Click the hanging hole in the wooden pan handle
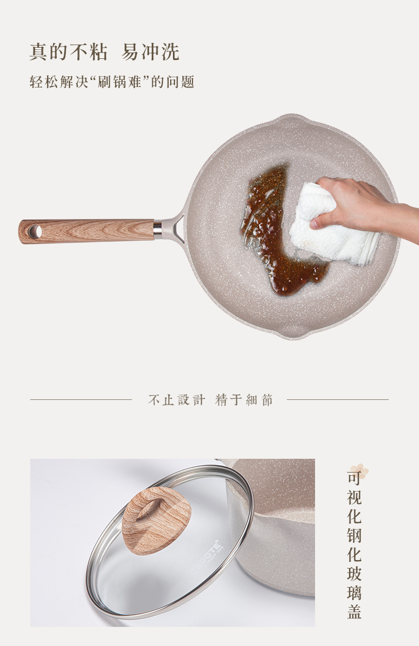[35, 231]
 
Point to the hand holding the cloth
[363, 206]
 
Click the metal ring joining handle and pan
[158, 229]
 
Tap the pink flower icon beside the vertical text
[360, 470]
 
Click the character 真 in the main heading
[38, 52]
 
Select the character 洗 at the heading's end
[170, 52]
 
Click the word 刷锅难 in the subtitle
[119, 82]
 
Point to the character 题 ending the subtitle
[188, 82]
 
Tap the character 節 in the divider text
[267, 400]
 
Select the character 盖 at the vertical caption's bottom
[354, 612]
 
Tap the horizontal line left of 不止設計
[81, 400]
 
